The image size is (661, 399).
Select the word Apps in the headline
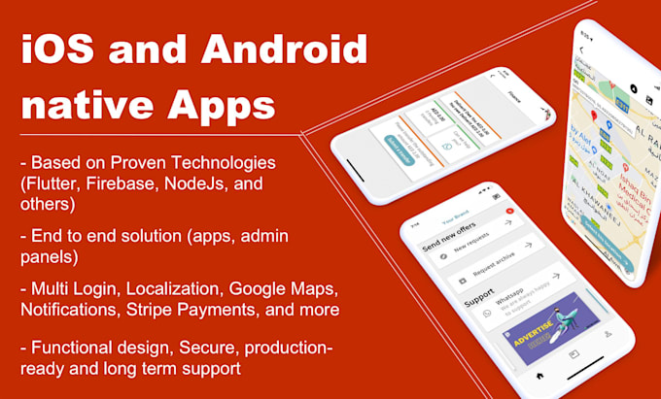[x=219, y=102]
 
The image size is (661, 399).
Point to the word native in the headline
[x=89, y=102]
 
